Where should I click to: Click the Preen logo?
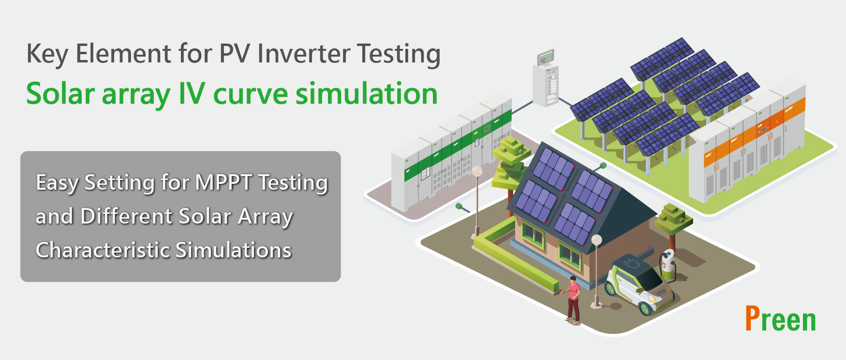(x=780, y=319)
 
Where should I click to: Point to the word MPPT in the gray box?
(x=223, y=183)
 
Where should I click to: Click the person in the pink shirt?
(x=573, y=300)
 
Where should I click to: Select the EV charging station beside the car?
(x=668, y=264)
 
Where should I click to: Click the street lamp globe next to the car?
(x=597, y=240)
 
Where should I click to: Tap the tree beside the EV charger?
(x=673, y=220)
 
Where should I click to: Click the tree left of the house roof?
(x=509, y=160)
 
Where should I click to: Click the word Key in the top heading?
(x=47, y=54)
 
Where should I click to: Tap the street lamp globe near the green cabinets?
(x=477, y=171)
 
